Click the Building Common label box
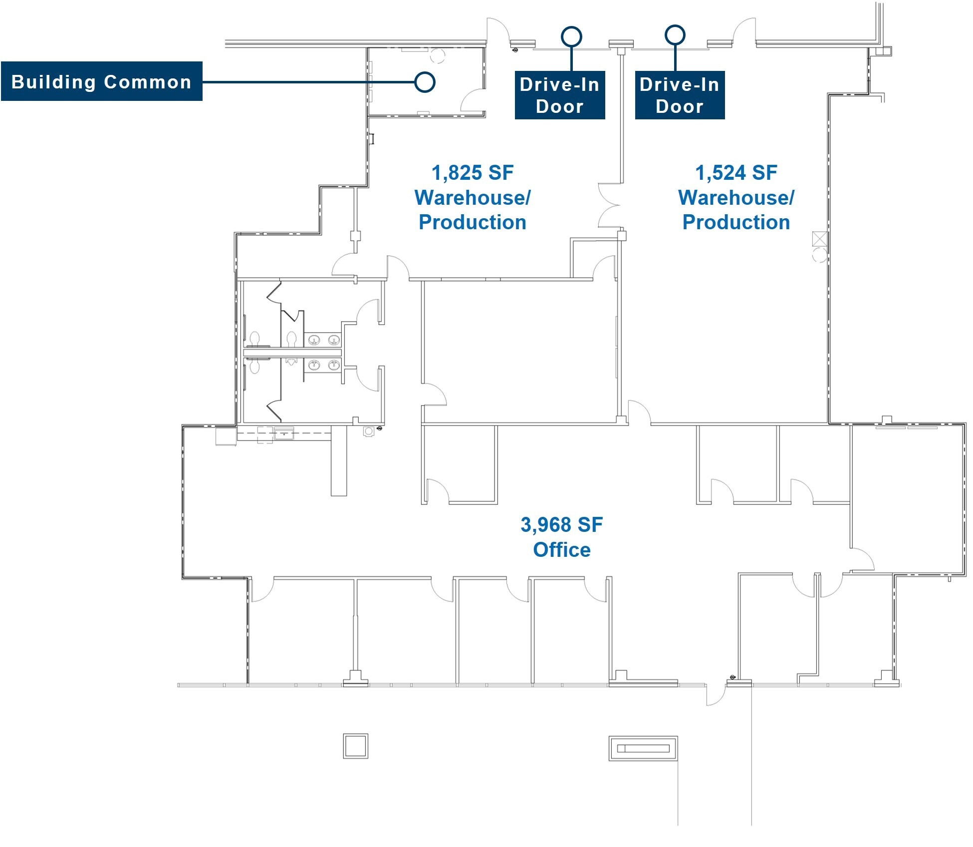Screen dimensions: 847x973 pyautogui.click(x=101, y=81)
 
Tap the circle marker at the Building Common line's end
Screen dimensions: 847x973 pyautogui.click(x=425, y=82)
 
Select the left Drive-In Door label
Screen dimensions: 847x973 pyautogui.click(x=559, y=95)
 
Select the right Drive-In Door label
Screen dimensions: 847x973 pyautogui.click(x=679, y=95)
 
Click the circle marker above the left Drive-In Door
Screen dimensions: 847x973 pyautogui.click(x=571, y=36)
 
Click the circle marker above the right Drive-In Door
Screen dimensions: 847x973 pyautogui.click(x=675, y=35)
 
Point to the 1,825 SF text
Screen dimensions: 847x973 pyautogui.click(x=472, y=173)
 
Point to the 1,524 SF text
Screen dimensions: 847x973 pyautogui.click(x=735, y=173)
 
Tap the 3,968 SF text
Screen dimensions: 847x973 pyautogui.click(x=561, y=525)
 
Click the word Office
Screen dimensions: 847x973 pyautogui.click(x=561, y=550)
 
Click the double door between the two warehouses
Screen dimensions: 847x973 pyautogui.click(x=609, y=205)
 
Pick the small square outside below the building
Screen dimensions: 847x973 pyautogui.click(x=355, y=746)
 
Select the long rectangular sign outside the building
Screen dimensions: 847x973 pyautogui.click(x=643, y=748)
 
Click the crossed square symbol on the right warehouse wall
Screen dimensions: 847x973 pyautogui.click(x=819, y=239)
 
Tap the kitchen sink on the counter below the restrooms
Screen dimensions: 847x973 pyautogui.click(x=284, y=433)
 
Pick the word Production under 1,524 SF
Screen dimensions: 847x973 pyautogui.click(x=735, y=222)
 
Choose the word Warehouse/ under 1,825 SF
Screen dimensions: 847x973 pyautogui.click(x=472, y=198)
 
